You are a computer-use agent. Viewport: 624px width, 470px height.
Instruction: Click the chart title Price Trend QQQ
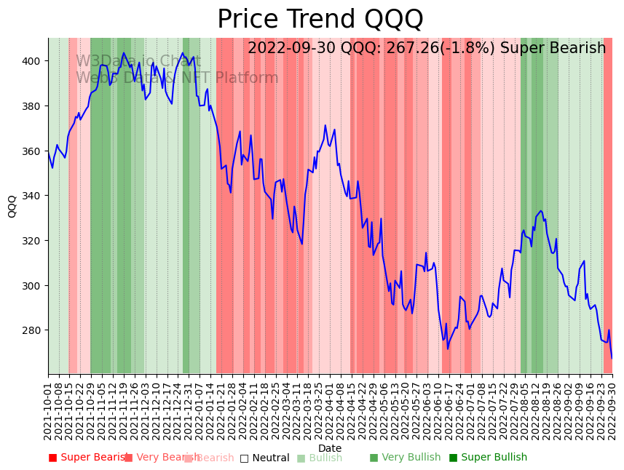(x=320, y=20)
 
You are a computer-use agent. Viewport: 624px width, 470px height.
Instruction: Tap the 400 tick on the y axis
(x=35, y=61)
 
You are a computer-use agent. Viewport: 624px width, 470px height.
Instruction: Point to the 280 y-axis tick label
(x=35, y=330)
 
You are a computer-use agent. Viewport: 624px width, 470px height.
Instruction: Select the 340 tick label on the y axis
(x=35, y=196)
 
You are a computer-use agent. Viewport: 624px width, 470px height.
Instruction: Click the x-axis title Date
(x=330, y=448)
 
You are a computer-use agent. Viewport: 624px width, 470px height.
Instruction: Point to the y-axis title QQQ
(x=12, y=206)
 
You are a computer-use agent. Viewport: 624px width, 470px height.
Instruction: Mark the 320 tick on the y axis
(x=35, y=241)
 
